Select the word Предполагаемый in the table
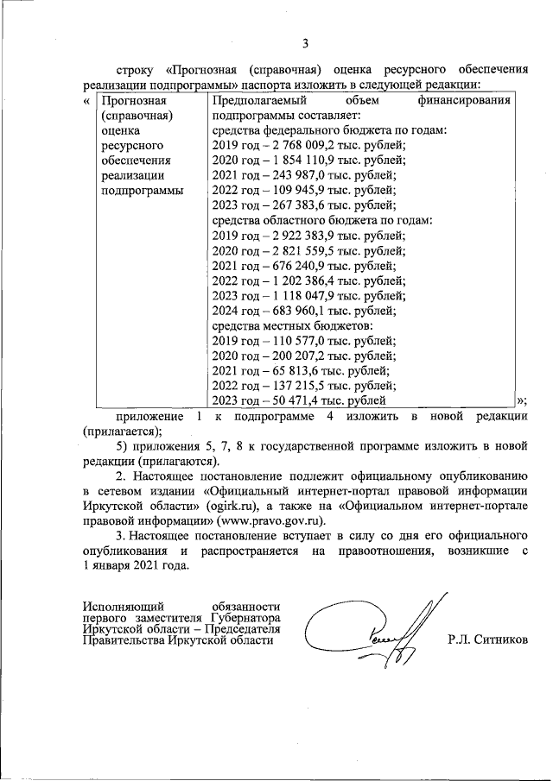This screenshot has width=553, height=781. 256,101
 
